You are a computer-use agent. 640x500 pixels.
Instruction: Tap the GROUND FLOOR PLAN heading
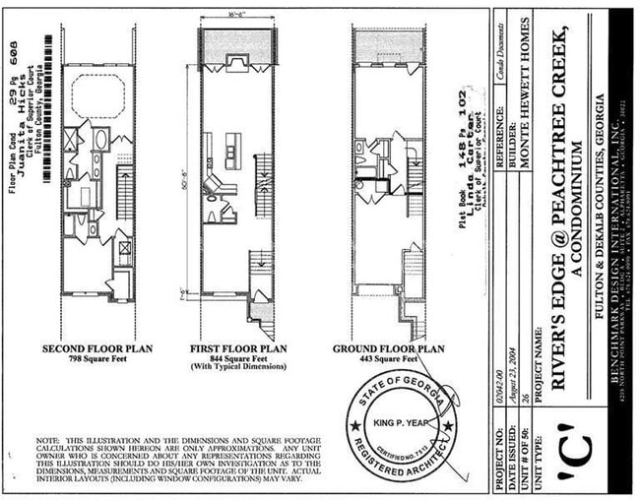coord(389,348)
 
